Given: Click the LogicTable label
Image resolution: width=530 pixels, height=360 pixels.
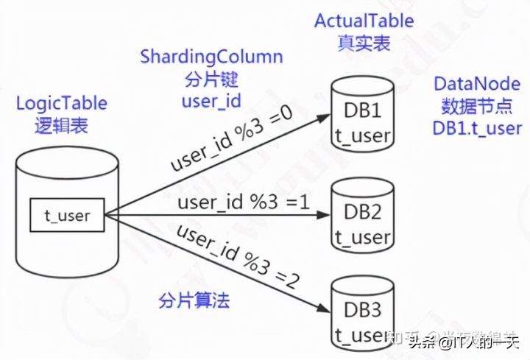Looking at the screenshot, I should click(x=62, y=104).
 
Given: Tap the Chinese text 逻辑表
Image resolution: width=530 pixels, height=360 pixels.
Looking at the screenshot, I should click(x=62, y=126).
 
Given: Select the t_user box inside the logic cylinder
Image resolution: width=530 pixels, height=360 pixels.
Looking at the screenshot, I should click(x=67, y=216).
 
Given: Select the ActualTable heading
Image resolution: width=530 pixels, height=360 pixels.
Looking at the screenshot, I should click(x=364, y=20).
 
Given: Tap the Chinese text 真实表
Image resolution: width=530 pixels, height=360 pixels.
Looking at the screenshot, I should click(x=364, y=42).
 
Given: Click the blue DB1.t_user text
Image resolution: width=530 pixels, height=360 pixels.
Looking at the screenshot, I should click(x=477, y=127).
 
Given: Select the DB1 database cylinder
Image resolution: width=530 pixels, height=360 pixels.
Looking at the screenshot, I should click(x=361, y=121).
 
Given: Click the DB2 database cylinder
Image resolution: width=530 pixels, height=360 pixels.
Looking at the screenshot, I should click(x=361, y=216).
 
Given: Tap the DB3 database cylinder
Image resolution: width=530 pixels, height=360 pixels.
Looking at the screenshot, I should click(x=361, y=312).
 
